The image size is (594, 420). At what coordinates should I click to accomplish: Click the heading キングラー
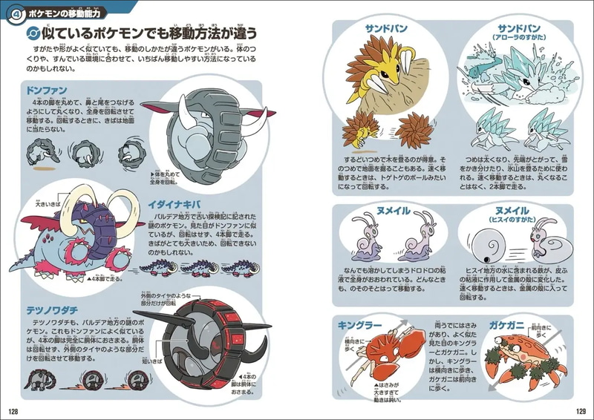pyautogui.click(x=360, y=325)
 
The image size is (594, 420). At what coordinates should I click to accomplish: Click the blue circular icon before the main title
pyautogui.click(x=31, y=33)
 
